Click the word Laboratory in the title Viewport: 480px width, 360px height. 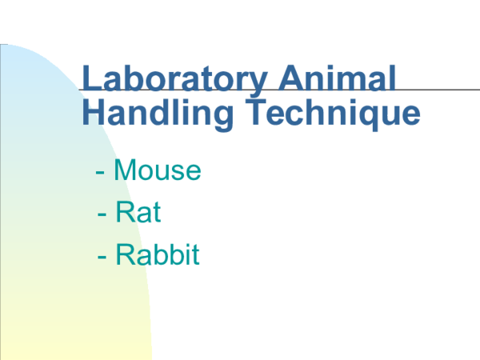[x=174, y=80]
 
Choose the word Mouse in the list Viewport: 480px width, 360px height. [x=157, y=170]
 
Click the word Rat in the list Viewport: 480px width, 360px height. [x=138, y=213]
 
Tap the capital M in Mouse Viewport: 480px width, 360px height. [x=124, y=170]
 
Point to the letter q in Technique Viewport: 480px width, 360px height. [x=359, y=117]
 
